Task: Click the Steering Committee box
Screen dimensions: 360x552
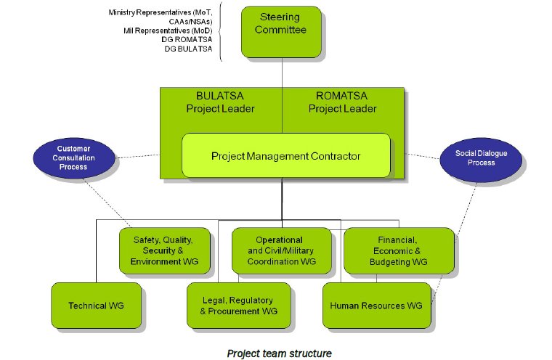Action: [281, 30]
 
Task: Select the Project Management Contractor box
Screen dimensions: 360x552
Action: [285, 155]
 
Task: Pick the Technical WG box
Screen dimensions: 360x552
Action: [96, 306]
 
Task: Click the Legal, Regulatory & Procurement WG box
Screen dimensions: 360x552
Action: [238, 306]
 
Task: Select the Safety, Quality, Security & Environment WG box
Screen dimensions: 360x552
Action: [166, 250]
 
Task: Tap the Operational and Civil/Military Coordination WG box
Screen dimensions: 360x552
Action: [278, 250]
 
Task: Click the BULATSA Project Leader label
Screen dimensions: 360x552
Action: [226, 102]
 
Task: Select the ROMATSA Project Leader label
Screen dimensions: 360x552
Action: [343, 102]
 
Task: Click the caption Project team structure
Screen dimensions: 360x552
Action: [279, 353]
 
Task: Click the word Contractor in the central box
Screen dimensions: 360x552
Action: [333, 155]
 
